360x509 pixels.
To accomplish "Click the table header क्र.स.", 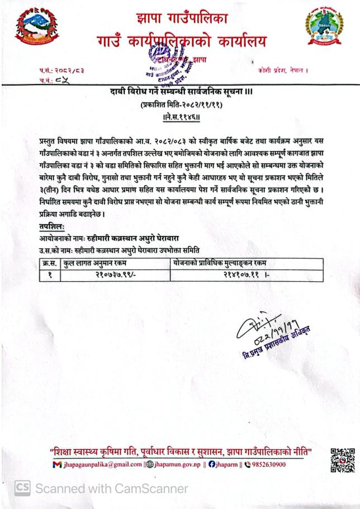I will pos(51,263).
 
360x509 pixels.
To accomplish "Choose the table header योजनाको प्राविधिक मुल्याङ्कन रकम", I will pos(220,263).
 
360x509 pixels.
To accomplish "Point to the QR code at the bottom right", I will pos(342,460).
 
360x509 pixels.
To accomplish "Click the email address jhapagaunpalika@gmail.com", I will pos(101,464).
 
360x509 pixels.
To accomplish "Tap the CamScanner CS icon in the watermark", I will pos(22,488).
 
